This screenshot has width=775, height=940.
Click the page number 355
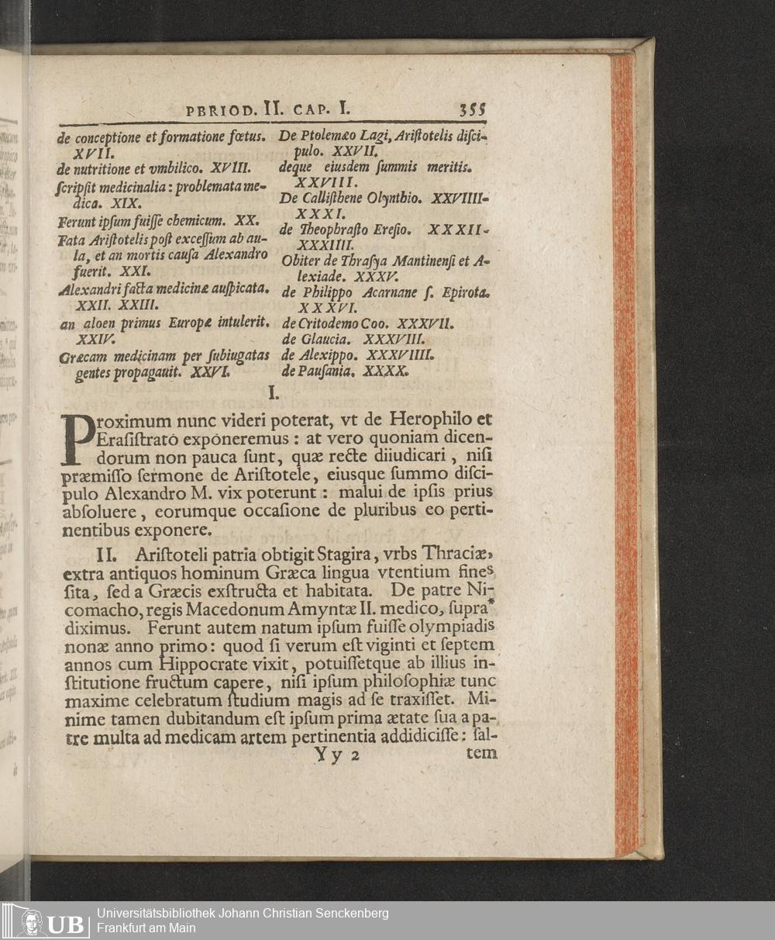point(472,109)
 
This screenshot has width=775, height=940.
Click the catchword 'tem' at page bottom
point(482,752)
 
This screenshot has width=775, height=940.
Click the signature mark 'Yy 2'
point(336,755)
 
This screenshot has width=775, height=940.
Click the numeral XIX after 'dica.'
point(126,204)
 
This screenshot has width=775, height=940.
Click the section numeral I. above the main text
point(272,394)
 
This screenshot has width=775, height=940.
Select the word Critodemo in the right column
point(325,323)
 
